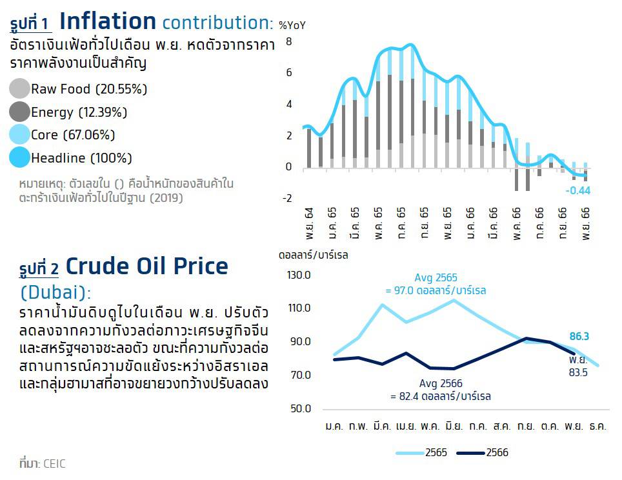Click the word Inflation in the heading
point(108,21)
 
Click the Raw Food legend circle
point(19,88)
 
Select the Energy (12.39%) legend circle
point(19,112)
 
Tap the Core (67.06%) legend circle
point(19,134)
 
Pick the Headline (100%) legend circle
point(19,157)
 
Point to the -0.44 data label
point(578,191)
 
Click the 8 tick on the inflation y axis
point(289,42)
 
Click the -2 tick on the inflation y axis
point(286,198)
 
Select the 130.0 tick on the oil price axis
point(299,275)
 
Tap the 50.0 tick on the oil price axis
point(301,408)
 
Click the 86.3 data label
point(579,336)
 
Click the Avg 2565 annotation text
point(436,284)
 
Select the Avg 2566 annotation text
point(441,390)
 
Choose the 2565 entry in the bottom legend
point(422,453)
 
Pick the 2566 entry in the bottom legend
point(483,453)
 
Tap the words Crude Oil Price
point(146,266)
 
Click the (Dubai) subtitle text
point(55,293)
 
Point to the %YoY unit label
point(292,25)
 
